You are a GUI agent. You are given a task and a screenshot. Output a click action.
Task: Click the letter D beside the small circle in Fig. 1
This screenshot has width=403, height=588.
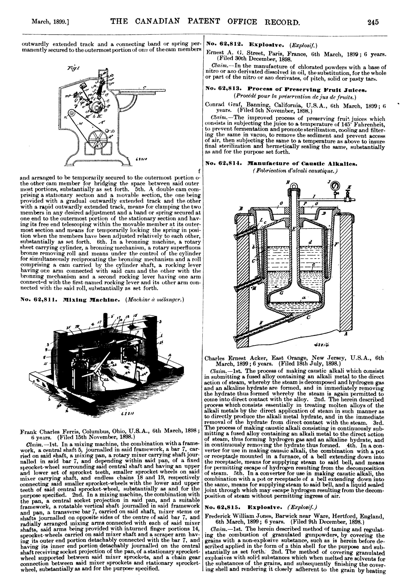click(113, 131)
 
